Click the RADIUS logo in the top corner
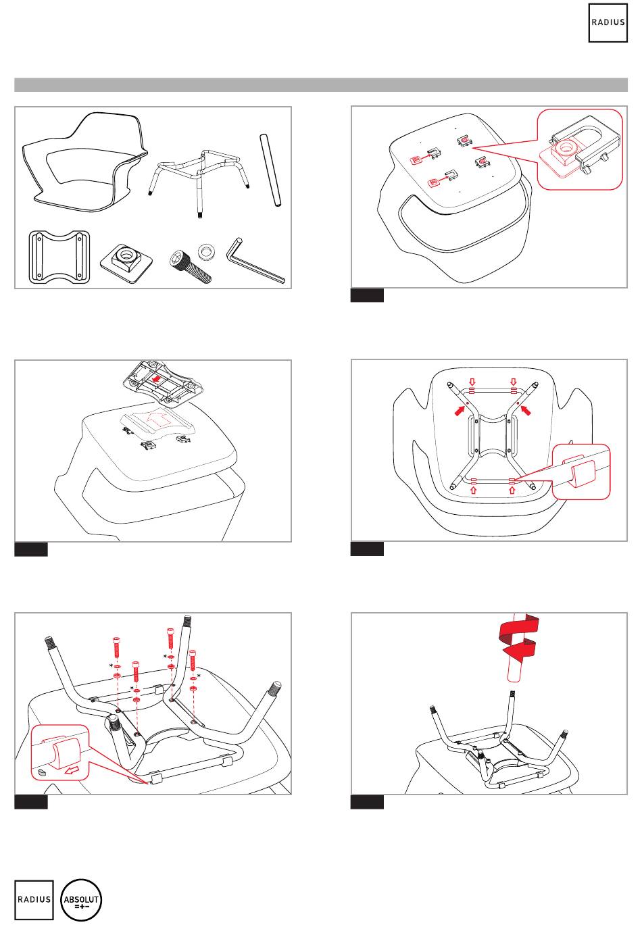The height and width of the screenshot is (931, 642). [x=608, y=23]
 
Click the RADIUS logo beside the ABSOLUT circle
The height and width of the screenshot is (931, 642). [x=34, y=900]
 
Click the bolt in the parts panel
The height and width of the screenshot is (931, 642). [x=191, y=266]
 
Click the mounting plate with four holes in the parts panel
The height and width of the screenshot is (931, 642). [x=59, y=257]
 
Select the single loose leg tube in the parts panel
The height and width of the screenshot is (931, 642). [x=270, y=170]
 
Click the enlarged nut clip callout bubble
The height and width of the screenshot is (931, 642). [x=580, y=149]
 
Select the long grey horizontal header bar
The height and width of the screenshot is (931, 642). [x=321, y=84]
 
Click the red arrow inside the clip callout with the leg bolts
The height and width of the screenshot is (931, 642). [x=72, y=772]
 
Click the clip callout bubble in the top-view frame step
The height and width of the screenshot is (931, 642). [x=581, y=472]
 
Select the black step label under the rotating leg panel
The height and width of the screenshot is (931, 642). [x=367, y=802]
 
